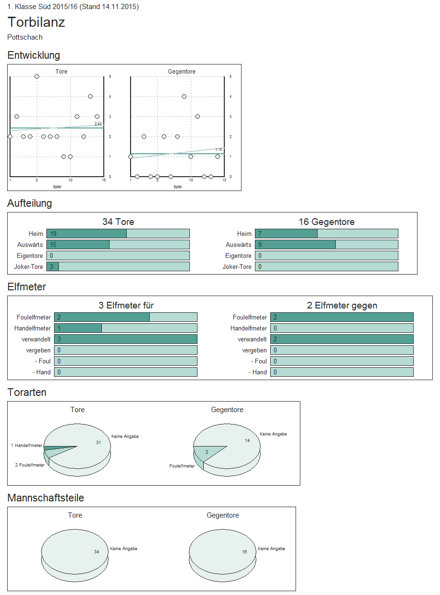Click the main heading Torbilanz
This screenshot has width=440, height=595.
(36, 22)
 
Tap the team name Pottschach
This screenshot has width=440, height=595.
(25, 37)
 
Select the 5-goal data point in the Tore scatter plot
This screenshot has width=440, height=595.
(37, 76)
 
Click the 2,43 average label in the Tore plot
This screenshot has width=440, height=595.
(98, 124)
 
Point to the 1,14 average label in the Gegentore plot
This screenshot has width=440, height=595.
(219, 149)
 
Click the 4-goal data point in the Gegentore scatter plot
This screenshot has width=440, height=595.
(184, 96)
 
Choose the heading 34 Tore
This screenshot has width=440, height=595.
(118, 222)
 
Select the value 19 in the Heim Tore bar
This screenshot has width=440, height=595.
(53, 234)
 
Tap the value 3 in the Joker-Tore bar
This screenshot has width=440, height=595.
(52, 267)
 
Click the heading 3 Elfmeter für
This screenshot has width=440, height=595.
(126, 306)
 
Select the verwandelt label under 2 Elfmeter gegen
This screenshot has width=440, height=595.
(252, 340)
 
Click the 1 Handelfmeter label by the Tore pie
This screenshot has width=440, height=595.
(27, 446)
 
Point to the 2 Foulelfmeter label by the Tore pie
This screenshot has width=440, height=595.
(30, 465)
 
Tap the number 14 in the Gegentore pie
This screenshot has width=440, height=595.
(247, 440)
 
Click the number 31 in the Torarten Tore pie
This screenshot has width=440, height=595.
(99, 443)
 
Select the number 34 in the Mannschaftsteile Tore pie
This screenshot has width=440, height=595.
(97, 552)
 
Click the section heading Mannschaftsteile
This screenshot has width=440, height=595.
(46, 498)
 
